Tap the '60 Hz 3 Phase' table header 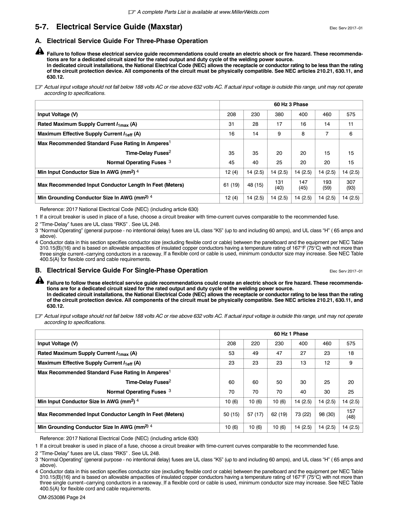click(291, 105)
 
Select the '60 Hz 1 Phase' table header click(291, 334)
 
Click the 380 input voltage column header click(279, 115)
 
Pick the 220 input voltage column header click(255, 344)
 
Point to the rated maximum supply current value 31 click(231, 124)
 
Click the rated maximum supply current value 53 click(231, 353)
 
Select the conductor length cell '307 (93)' click(351, 185)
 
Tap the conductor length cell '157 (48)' click(351, 414)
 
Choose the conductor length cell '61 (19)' click(231, 185)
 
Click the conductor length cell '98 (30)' click(327, 414)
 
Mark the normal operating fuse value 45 click(231, 163)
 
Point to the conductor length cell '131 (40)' click(279, 185)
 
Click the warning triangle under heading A click(40, 51)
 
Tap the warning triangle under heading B click(40, 280)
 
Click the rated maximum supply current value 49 click(255, 353)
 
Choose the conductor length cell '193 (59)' click(327, 185)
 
